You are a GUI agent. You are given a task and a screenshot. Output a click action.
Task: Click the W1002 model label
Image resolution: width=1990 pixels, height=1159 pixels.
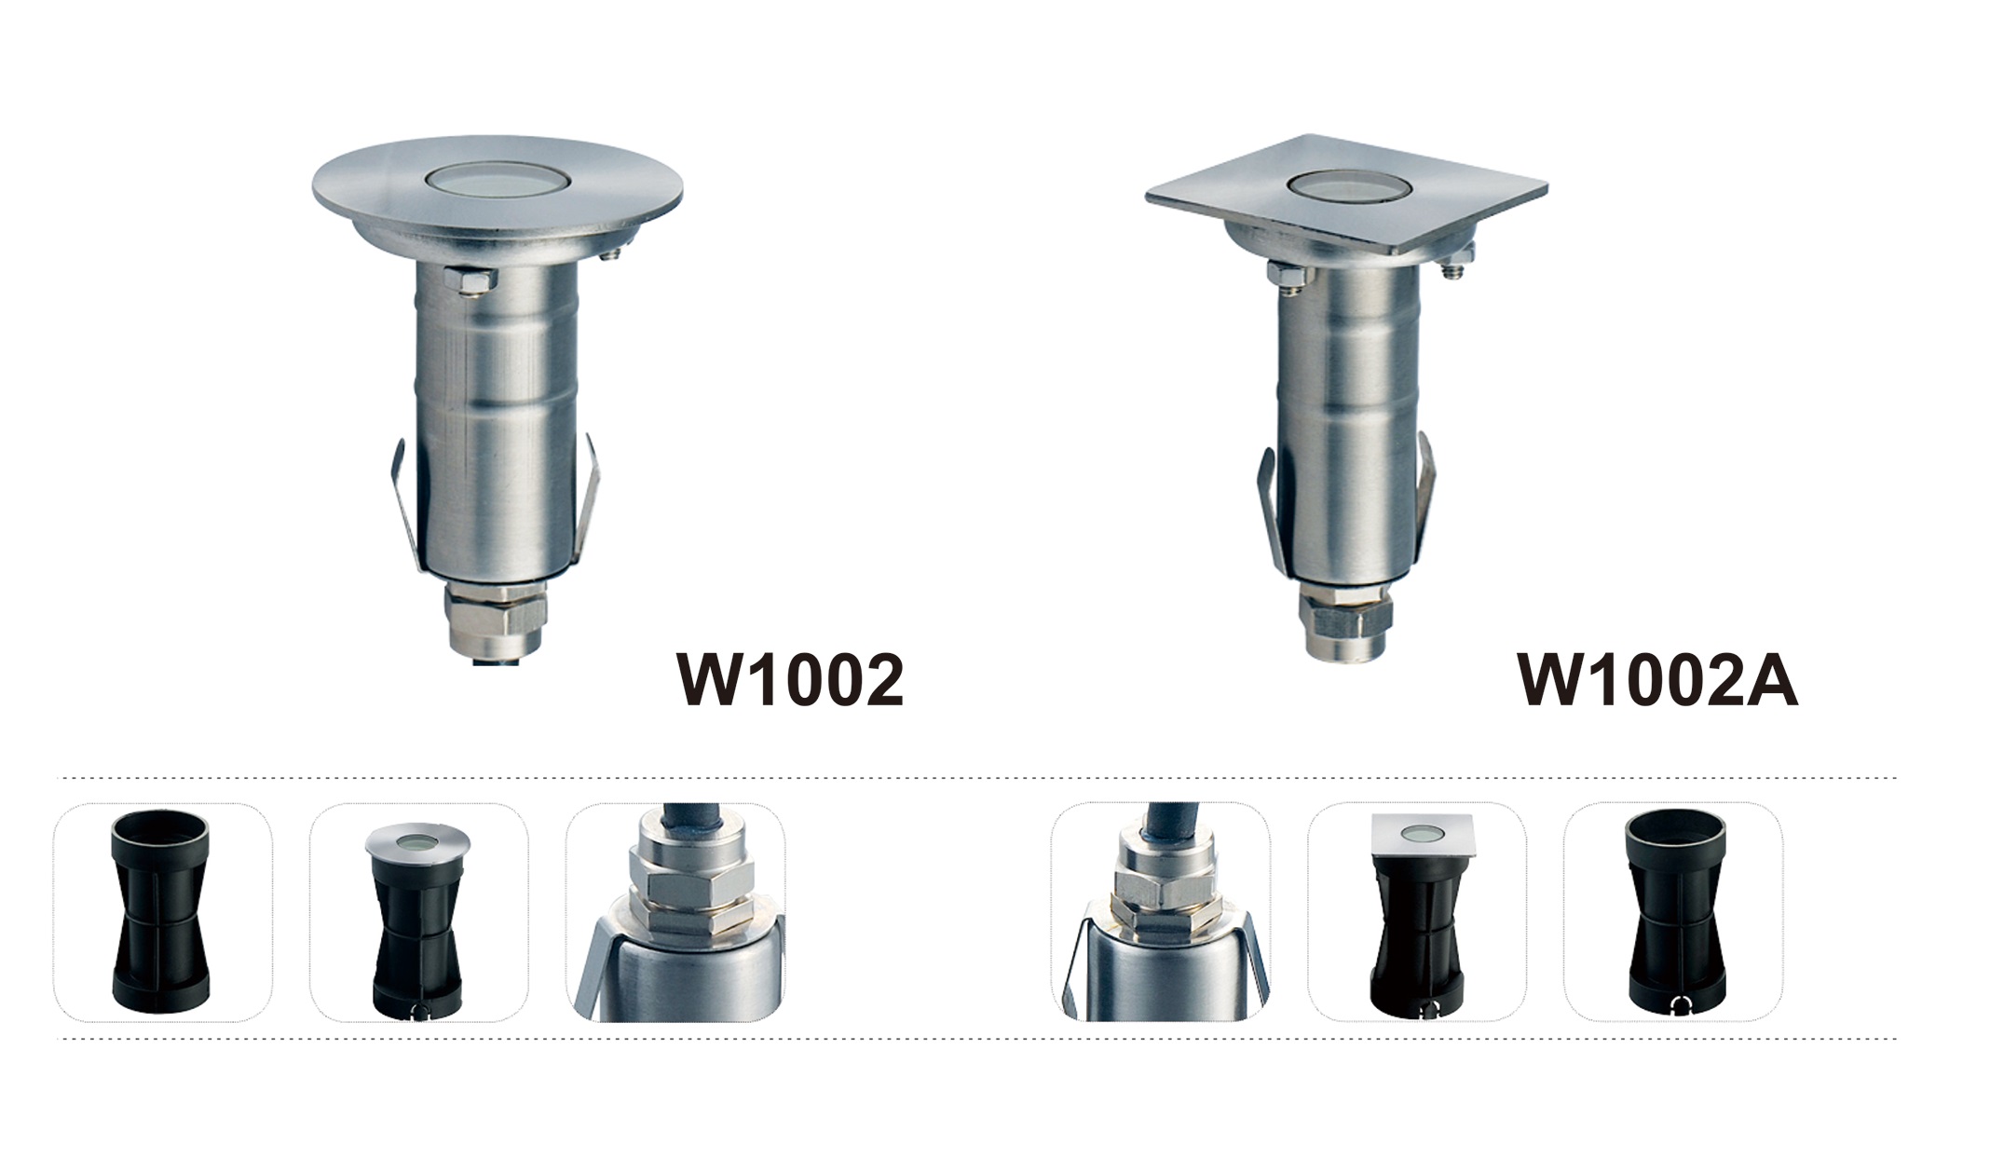[x=791, y=680]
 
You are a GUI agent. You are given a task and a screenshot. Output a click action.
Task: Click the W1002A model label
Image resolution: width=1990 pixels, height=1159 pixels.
[x=1658, y=680]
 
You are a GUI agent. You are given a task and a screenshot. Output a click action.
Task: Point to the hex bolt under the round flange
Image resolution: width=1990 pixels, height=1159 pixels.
[x=471, y=280]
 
